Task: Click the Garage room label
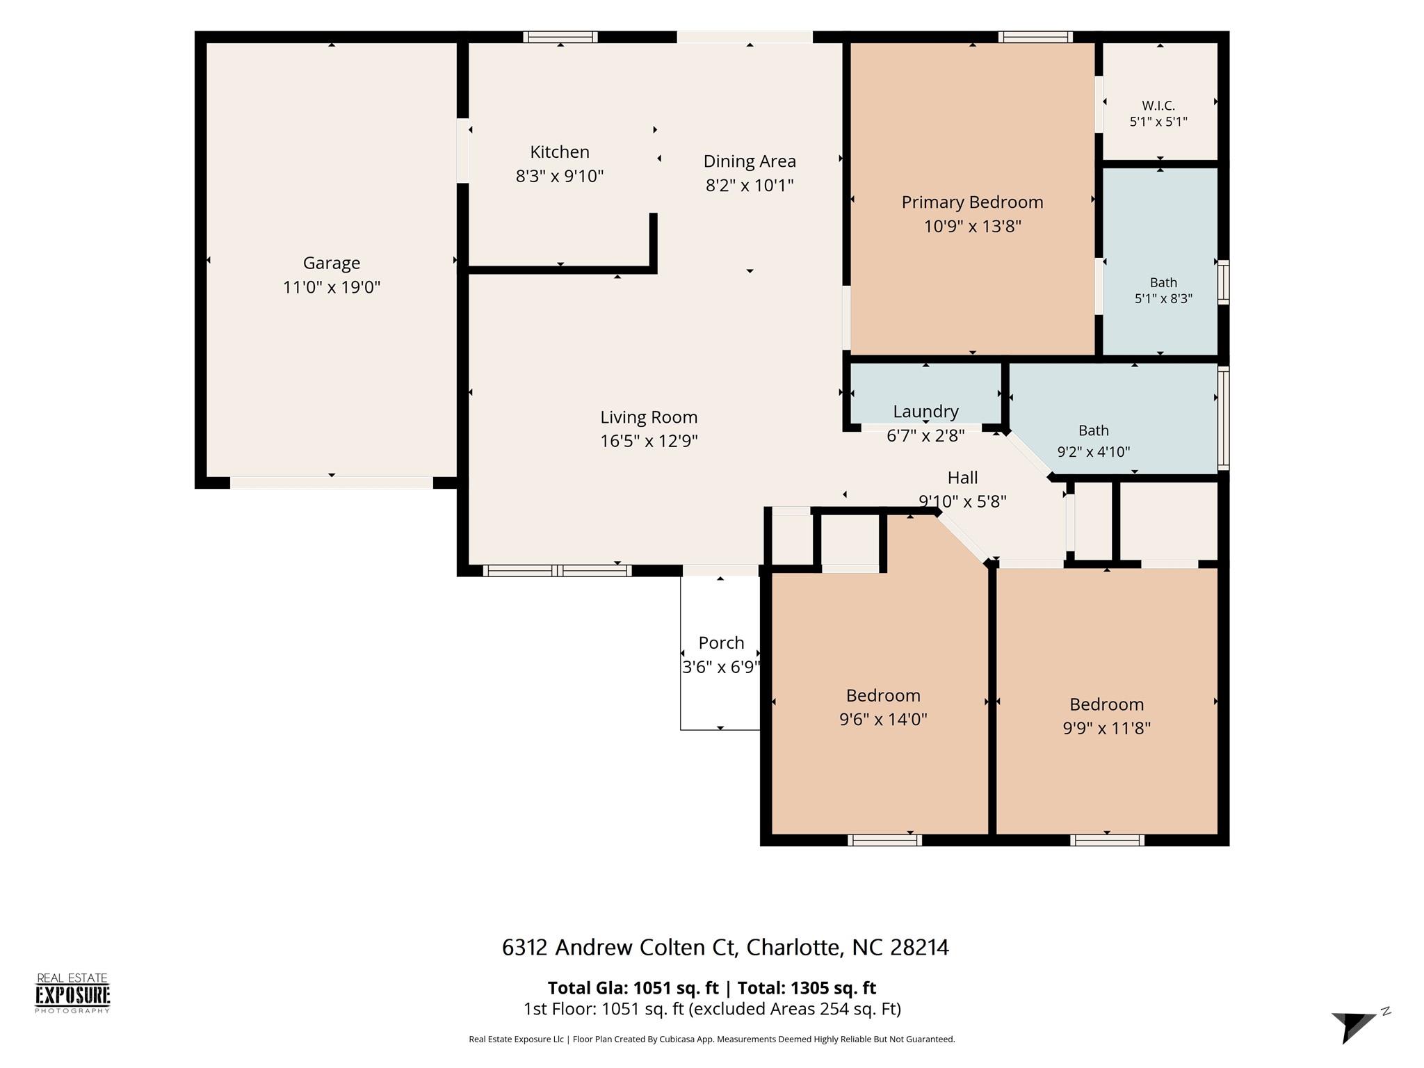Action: pyautogui.click(x=332, y=263)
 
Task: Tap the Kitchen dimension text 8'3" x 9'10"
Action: pyautogui.click(x=560, y=176)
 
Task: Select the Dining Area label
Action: pyautogui.click(x=750, y=161)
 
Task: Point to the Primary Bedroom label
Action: pyautogui.click(x=972, y=202)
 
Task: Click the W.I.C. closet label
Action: pyautogui.click(x=1158, y=106)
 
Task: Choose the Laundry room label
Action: pyautogui.click(x=925, y=412)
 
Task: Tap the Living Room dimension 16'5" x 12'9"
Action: pyautogui.click(x=649, y=441)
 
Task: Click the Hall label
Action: pyautogui.click(x=962, y=478)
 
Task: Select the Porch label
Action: pyautogui.click(x=721, y=643)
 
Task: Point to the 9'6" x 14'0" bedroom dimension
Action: pyautogui.click(x=883, y=719)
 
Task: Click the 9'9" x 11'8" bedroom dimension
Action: pyautogui.click(x=1106, y=728)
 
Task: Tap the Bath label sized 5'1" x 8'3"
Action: pyautogui.click(x=1163, y=282)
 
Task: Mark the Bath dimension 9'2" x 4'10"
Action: pyautogui.click(x=1093, y=452)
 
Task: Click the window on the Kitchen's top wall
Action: pyautogui.click(x=560, y=37)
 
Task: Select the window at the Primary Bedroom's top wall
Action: pyautogui.click(x=1035, y=37)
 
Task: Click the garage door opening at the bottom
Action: pyautogui.click(x=332, y=483)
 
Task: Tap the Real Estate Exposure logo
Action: pyautogui.click(x=73, y=994)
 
